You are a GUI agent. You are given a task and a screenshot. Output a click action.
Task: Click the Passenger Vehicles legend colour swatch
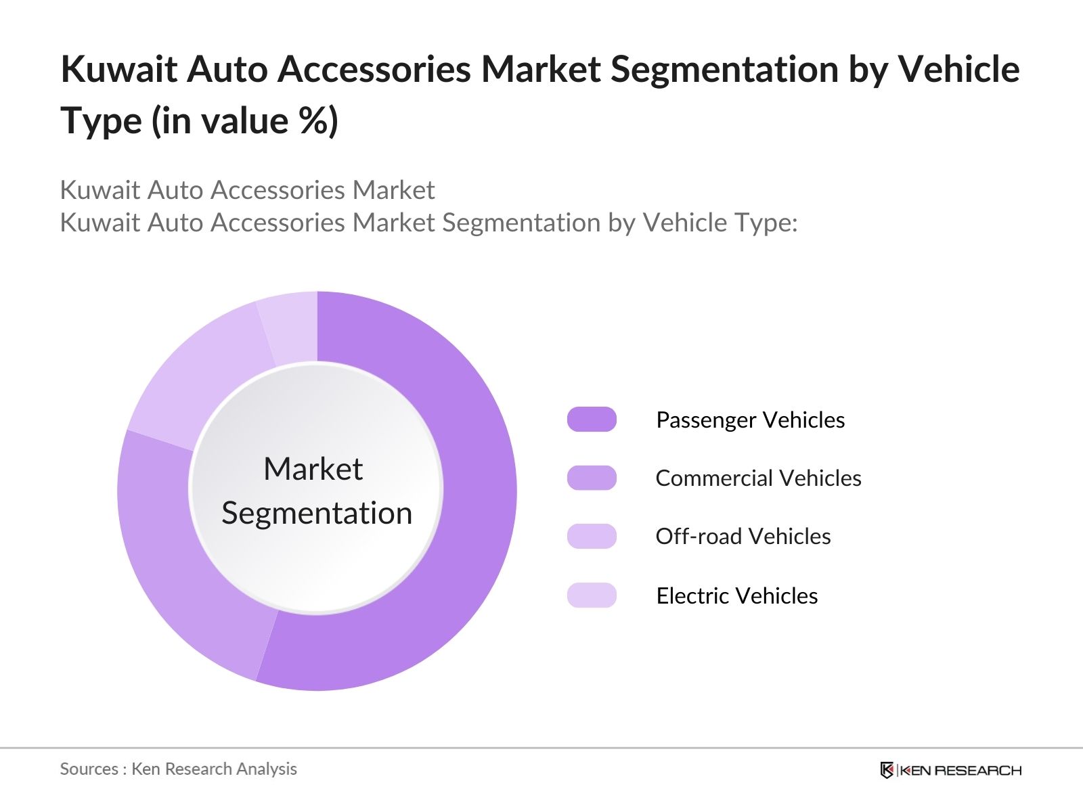click(592, 420)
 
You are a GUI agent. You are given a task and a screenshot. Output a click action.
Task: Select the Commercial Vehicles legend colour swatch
click(592, 478)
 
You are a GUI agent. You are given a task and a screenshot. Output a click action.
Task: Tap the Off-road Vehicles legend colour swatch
click(592, 537)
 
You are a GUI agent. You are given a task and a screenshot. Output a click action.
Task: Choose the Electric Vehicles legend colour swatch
click(592, 595)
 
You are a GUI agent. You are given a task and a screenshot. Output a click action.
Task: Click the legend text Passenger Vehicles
click(750, 420)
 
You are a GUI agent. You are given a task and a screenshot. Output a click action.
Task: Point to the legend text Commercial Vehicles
click(758, 478)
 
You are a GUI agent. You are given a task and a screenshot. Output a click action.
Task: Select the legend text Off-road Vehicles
click(743, 537)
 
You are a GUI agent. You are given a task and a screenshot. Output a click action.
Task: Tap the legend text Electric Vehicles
click(736, 596)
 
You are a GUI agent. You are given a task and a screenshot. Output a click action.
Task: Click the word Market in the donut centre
click(313, 469)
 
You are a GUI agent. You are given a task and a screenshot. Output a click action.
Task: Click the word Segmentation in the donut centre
click(317, 513)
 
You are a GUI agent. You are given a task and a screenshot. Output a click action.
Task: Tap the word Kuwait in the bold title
click(119, 69)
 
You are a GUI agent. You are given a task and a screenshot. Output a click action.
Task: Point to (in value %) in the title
click(245, 122)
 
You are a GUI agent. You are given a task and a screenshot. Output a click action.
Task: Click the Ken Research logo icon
click(887, 770)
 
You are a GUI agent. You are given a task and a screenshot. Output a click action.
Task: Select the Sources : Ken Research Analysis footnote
click(178, 769)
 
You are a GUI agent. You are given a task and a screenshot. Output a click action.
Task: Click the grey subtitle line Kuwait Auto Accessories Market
click(247, 190)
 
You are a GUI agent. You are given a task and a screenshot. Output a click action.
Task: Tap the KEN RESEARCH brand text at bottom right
click(960, 770)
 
